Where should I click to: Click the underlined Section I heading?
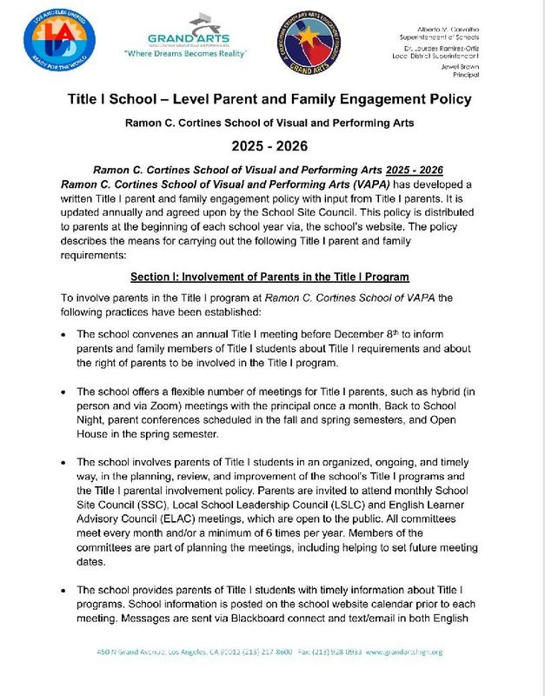click(x=269, y=277)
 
